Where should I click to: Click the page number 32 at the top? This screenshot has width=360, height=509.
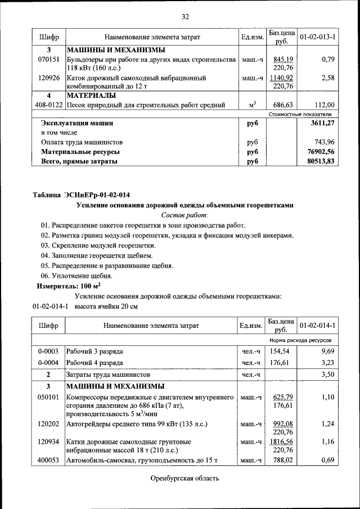tap(185, 16)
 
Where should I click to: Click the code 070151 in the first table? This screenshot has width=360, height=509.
tap(49, 59)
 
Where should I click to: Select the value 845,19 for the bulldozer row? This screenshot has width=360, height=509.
tap(282, 59)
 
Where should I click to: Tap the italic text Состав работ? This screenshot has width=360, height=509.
tap(185, 215)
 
